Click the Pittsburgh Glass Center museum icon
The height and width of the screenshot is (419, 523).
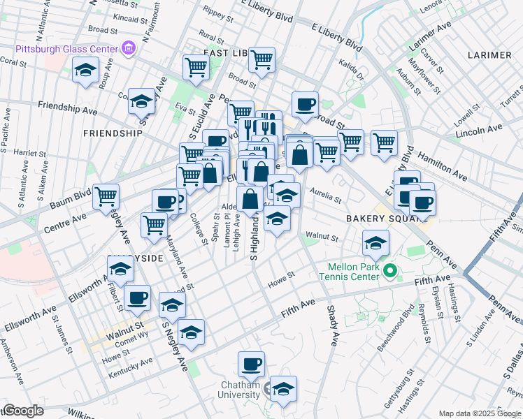128,48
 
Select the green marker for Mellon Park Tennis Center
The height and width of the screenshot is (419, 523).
392,270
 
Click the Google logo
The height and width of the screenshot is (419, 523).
23,411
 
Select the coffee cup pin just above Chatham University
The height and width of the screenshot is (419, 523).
251,364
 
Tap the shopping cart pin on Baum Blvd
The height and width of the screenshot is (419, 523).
106,196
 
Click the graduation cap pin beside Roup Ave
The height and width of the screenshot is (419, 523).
85,71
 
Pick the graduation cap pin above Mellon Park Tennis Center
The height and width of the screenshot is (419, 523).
375,244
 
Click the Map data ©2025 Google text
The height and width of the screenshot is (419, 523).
479,413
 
